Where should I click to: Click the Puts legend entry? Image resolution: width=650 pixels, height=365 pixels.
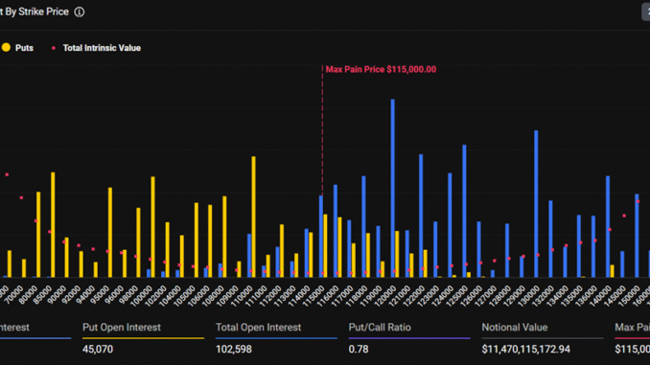pyautogui.click(x=23, y=47)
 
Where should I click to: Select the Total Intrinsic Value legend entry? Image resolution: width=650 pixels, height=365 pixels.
pyautogui.click(x=101, y=47)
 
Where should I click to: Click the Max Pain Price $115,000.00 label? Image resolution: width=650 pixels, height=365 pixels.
pyautogui.click(x=381, y=69)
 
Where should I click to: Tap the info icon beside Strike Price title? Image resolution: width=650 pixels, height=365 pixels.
pyautogui.click(x=80, y=12)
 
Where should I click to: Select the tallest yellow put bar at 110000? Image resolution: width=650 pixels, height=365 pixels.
pyautogui.click(x=253, y=217)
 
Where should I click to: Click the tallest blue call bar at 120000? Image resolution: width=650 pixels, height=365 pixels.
pyautogui.click(x=392, y=188)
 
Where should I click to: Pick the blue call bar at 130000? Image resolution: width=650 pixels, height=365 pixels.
pyautogui.click(x=536, y=204)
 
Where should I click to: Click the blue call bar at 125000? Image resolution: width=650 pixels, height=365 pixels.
pyautogui.click(x=464, y=211)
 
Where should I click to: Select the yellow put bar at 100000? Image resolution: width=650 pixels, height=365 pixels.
pyautogui.click(x=152, y=227)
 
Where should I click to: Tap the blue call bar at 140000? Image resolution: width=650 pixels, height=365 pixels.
pyautogui.click(x=607, y=226)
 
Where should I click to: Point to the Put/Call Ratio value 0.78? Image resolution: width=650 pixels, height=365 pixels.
pyautogui.click(x=359, y=350)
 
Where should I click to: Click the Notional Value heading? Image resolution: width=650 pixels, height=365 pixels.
pyautogui.click(x=514, y=328)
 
